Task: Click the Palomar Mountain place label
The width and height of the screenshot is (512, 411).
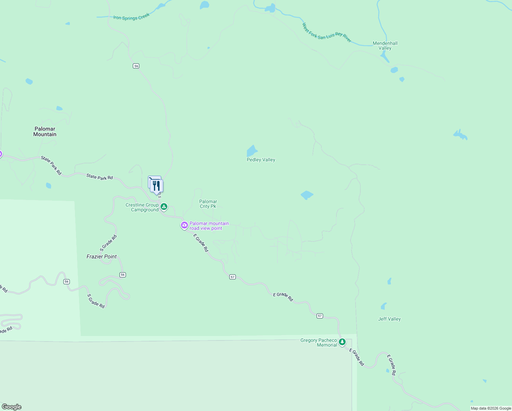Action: (x=45, y=132)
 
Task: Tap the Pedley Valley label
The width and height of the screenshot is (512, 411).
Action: (x=261, y=160)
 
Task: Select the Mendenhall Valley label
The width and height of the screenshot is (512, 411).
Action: (x=385, y=46)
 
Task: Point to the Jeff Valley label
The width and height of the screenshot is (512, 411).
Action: (x=389, y=319)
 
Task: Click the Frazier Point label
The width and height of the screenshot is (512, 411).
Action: (x=102, y=257)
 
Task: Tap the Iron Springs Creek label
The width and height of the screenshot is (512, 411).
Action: (x=131, y=17)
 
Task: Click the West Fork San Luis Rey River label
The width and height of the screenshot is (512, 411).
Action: (x=327, y=33)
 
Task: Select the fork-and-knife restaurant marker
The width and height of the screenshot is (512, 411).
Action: (x=157, y=186)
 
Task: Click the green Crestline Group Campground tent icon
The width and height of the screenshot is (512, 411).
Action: (x=164, y=207)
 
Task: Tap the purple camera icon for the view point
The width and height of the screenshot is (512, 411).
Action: (x=184, y=225)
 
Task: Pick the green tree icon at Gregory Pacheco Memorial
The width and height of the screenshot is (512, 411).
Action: (x=342, y=342)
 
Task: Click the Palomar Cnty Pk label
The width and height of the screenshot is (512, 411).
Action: (x=208, y=204)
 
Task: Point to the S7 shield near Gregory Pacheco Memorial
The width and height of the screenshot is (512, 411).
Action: (x=320, y=316)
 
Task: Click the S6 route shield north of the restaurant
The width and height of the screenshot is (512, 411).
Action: (x=136, y=66)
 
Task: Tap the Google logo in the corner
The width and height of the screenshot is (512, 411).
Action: (x=12, y=407)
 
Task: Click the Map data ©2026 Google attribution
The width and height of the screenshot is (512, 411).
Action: (x=490, y=408)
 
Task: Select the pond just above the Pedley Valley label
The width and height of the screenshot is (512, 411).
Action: (x=252, y=151)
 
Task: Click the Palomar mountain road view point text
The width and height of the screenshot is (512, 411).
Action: (x=209, y=226)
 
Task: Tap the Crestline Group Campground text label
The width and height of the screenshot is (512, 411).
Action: (x=142, y=207)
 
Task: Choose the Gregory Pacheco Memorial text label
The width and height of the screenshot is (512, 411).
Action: (x=319, y=342)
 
